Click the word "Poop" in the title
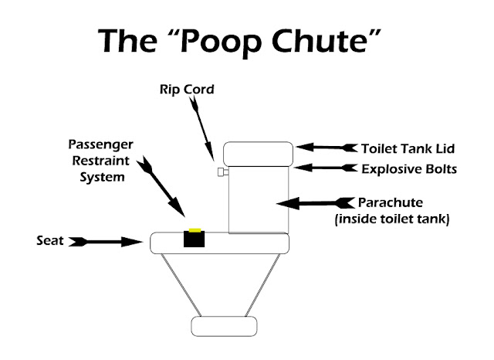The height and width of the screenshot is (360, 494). point(222,41)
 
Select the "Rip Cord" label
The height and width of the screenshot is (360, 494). point(187,90)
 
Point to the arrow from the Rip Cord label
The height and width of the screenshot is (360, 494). point(202,128)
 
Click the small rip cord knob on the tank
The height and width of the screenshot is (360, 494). point(223,172)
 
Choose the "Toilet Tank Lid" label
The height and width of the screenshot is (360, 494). point(408,149)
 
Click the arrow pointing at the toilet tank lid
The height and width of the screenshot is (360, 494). point(327,148)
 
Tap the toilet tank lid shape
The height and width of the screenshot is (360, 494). point(259,154)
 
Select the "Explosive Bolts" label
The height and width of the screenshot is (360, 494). point(409,169)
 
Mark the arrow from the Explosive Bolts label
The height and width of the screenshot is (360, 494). point(325,168)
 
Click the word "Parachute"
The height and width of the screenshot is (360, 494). point(391,202)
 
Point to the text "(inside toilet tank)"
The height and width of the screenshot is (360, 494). point(392,219)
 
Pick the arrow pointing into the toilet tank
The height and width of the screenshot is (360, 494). point(316,203)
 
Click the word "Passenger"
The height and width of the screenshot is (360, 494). point(101,144)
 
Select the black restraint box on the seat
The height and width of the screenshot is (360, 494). point(194,239)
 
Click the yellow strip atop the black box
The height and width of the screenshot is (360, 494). point(195,230)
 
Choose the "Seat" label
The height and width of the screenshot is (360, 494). point(50,241)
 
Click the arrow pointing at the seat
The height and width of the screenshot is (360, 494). point(106,242)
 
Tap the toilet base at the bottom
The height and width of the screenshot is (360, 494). point(224,327)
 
